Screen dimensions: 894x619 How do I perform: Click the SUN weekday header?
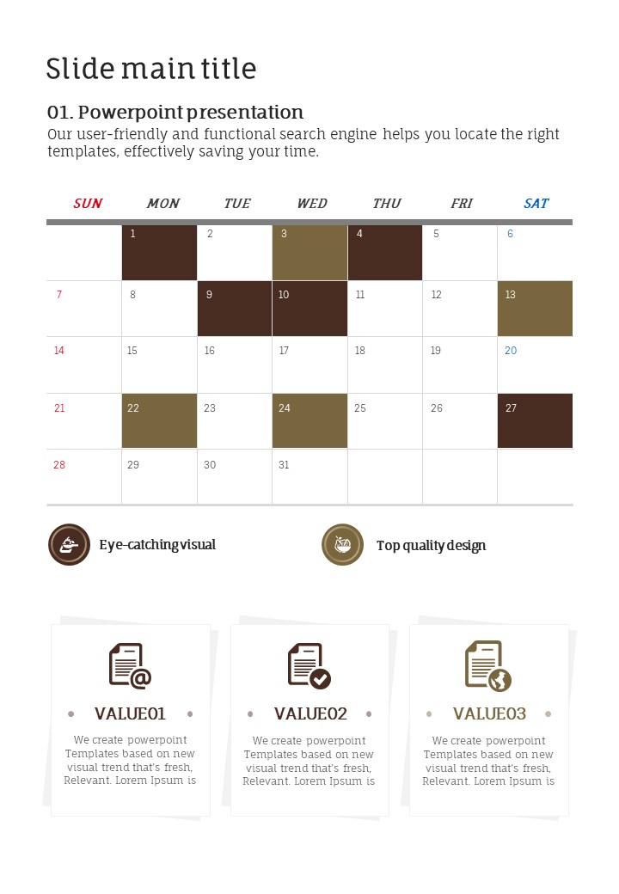(x=88, y=204)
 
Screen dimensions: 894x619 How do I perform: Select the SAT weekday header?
(x=536, y=204)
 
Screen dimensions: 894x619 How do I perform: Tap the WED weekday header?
(x=311, y=204)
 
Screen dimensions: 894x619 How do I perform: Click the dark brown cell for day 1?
(x=159, y=253)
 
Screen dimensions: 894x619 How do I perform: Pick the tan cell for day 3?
(x=309, y=253)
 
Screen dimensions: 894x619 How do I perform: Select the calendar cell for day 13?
(x=535, y=309)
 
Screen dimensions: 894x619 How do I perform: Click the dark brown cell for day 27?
(x=535, y=421)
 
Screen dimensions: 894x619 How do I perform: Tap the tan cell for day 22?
(x=159, y=421)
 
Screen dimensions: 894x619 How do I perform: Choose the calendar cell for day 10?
(x=309, y=309)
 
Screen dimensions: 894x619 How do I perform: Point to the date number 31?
(x=284, y=465)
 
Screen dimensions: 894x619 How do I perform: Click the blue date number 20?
(x=511, y=351)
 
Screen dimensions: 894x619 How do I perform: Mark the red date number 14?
(x=59, y=351)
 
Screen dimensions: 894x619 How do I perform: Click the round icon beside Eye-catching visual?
(x=69, y=544)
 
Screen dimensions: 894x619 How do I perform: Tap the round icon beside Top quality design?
(x=342, y=544)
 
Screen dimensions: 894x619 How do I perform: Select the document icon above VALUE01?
(x=130, y=666)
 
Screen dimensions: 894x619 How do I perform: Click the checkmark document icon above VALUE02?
(x=309, y=666)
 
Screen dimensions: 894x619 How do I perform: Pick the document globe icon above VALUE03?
(x=487, y=666)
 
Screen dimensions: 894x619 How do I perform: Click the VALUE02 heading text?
(x=310, y=713)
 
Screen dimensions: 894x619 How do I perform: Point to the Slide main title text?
(x=151, y=69)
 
